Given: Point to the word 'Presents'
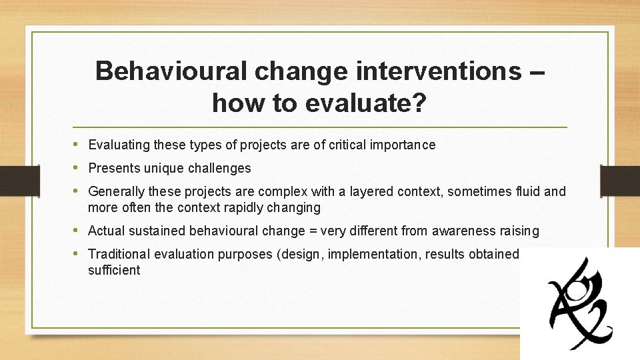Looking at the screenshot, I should (x=111, y=168).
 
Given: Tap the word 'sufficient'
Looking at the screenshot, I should (x=114, y=270).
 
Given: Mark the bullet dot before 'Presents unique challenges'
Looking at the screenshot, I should (x=77, y=168).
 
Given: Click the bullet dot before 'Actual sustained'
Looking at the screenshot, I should (x=77, y=231).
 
